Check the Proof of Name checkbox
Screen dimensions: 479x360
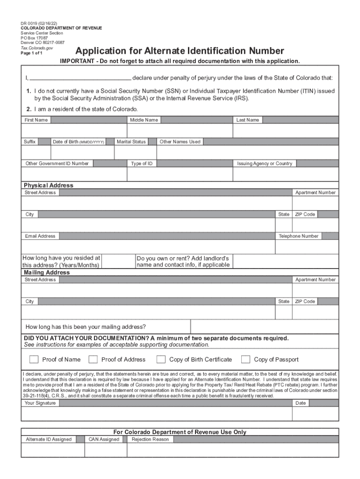(x=34, y=359)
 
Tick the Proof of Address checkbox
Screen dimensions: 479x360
(x=93, y=359)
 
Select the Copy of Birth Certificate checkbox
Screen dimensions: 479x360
(x=161, y=359)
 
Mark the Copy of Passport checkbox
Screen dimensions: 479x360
(x=245, y=359)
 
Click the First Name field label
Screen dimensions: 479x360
(x=36, y=120)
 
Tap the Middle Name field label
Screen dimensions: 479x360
(x=144, y=120)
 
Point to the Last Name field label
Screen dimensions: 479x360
(x=247, y=120)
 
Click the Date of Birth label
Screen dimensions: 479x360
(x=78, y=142)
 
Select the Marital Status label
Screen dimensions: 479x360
(x=131, y=142)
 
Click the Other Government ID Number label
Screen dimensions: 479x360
(x=57, y=164)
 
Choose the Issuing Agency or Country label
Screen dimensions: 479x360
(x=265, y=164)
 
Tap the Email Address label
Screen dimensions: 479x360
(x=40, y=236)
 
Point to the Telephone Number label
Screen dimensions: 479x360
(x=298, y=236)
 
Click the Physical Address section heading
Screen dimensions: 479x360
(x=49, y=185)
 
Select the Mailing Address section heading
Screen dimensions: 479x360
(x=47, y=272)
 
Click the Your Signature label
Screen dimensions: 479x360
(x=40, y=403)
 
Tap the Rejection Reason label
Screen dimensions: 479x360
(x=150, y=439)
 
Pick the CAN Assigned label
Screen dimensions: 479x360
(x=104, y=439)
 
